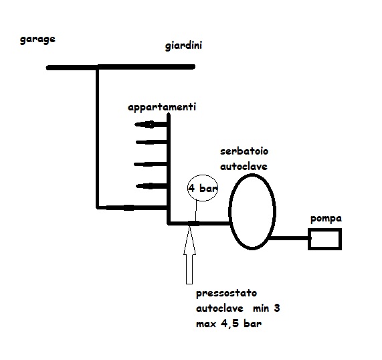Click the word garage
tap(37, 39)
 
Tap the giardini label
tap(183, 46)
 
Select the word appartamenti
tap(162, 108)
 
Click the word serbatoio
tap(244, 151)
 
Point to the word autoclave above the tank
tap(244, 166)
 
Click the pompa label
tap(326, 219)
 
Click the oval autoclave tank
tap(229, 211)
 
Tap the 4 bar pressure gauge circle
tap(188, 188)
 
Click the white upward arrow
tap(189, 255)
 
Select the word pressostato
tap(226, 293)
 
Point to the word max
tap(206, 325)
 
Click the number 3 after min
tap(277, 308)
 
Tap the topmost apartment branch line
tap(151, 124)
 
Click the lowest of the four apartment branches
tap(152, 187)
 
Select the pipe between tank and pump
tap(289, 238)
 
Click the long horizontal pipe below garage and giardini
tap(120, 67)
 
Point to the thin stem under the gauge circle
tap(195, 211)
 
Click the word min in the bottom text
tap(261, 309)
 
